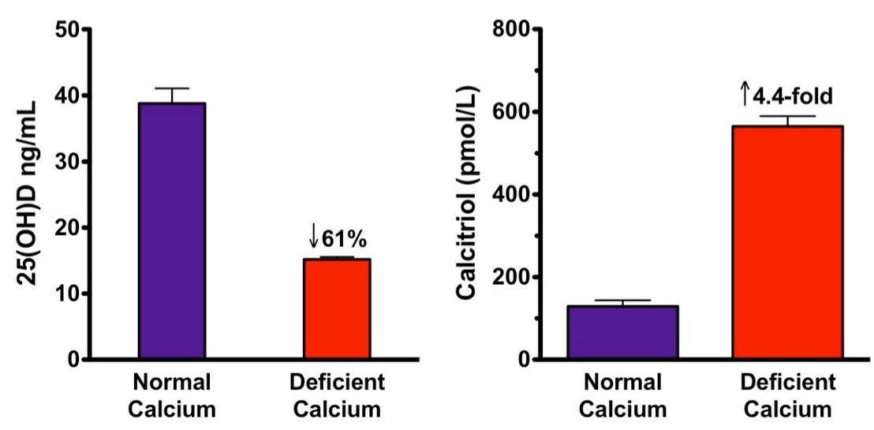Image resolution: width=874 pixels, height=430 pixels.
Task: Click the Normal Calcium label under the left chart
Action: [x=172, y=397]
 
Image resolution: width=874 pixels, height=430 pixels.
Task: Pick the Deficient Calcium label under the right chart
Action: [x=788, y=397]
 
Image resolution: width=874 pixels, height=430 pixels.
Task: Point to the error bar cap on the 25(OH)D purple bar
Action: [x=172, y=88]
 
